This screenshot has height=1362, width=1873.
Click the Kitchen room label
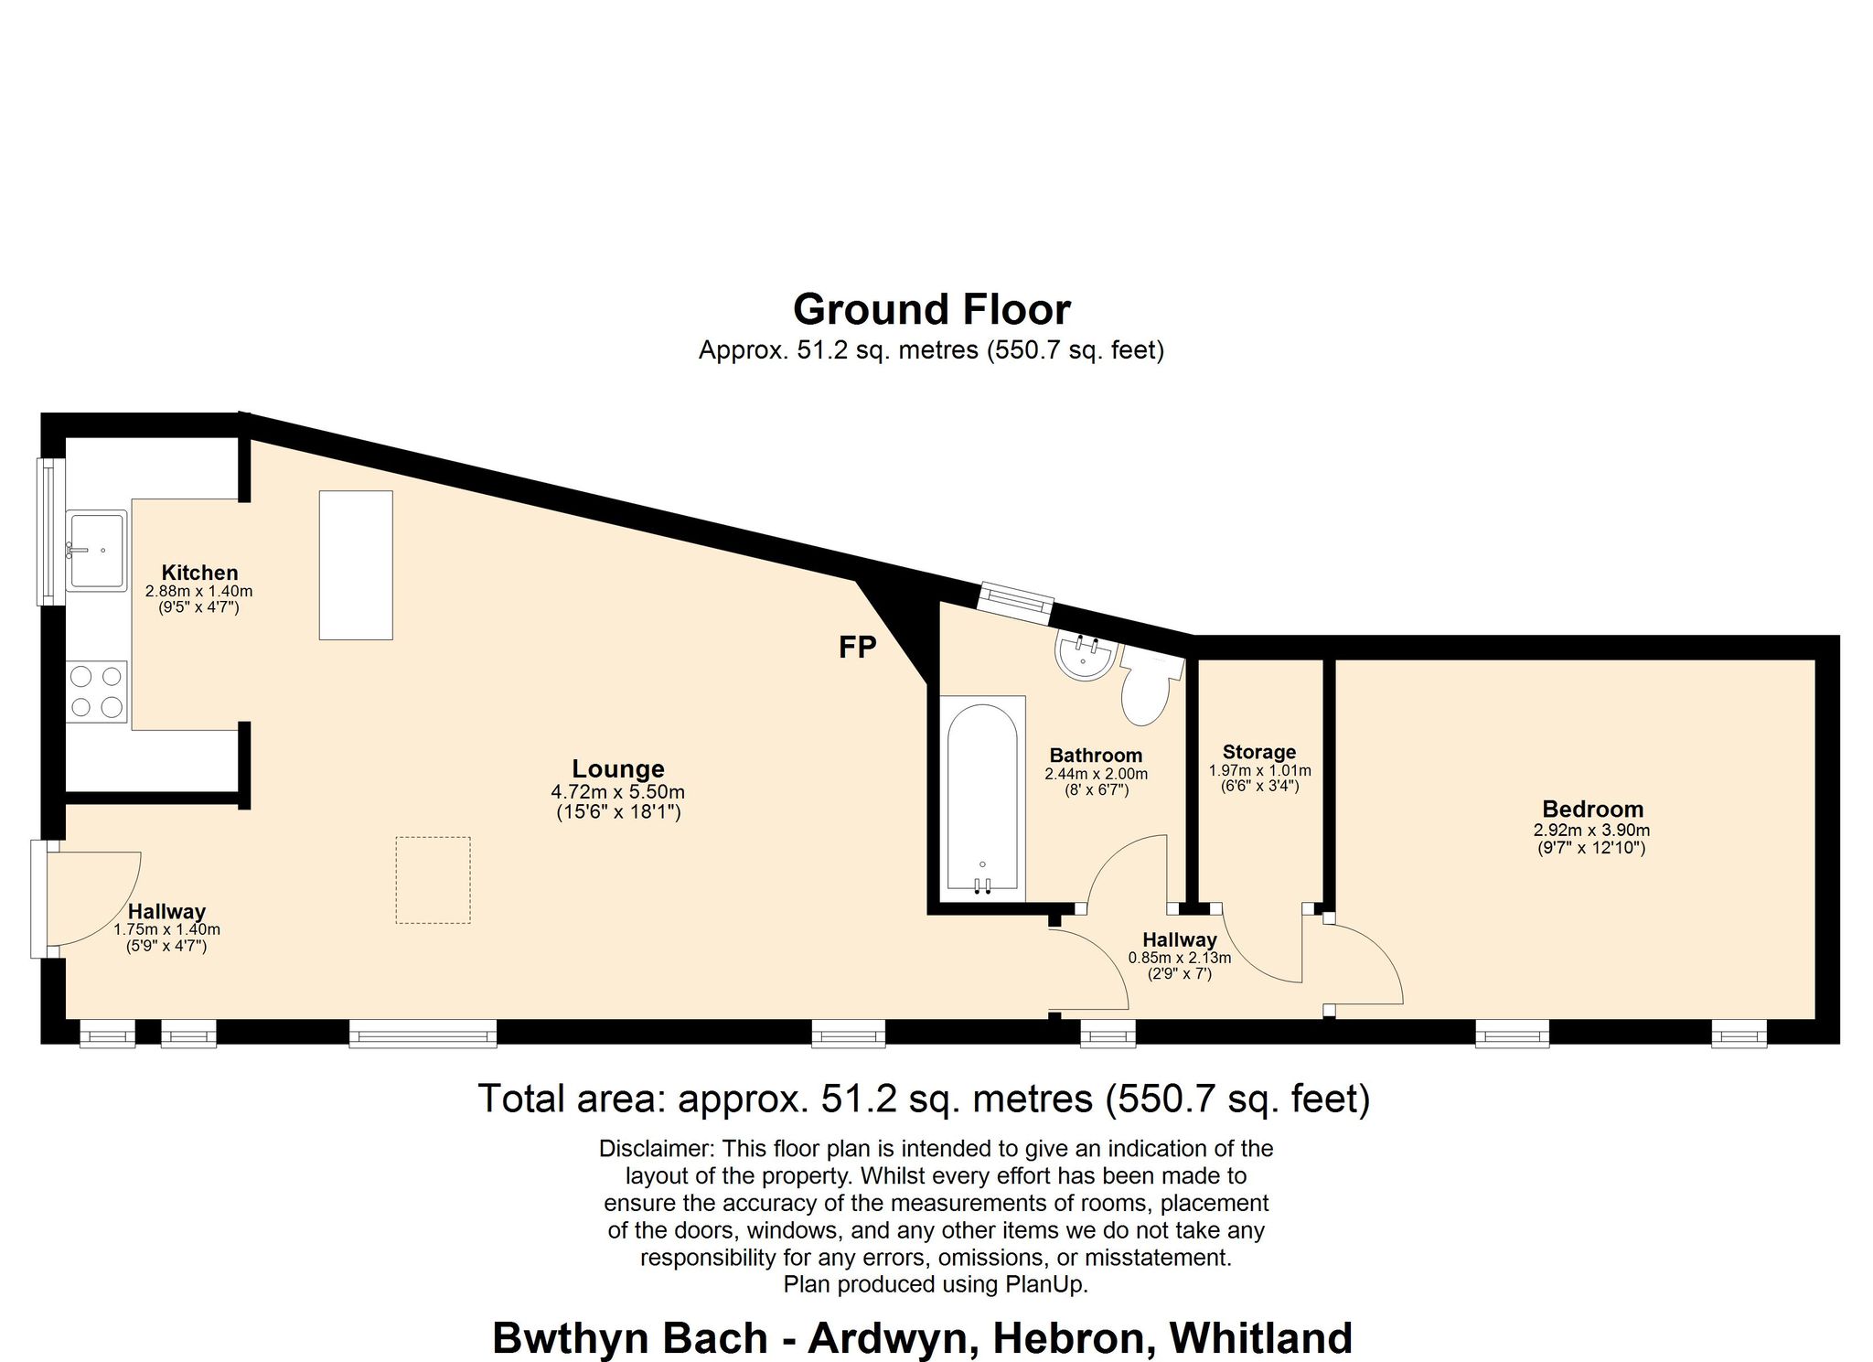(199, 573)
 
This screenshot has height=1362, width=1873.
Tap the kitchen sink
(97, 551)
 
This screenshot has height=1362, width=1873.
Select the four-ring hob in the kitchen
(97, 691)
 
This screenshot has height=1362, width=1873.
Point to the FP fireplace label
(858, 648)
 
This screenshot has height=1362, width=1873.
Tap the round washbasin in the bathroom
(1086, 655)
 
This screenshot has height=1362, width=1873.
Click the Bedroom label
(1592, 809)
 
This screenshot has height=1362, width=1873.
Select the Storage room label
(1259, 752)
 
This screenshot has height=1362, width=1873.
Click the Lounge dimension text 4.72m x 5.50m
(617, 792)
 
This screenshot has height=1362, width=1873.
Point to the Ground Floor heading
(931, 309)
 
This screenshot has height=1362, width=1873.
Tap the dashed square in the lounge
(433, 880)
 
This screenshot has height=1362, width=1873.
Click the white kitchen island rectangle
(356, 565)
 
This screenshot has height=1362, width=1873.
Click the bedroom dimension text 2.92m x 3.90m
(1592, 831)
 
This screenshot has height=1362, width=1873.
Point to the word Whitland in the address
(1261, 1338)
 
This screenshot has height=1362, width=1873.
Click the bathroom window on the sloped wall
(1015, 603)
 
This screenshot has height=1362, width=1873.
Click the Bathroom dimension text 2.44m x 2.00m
(1096, 774)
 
